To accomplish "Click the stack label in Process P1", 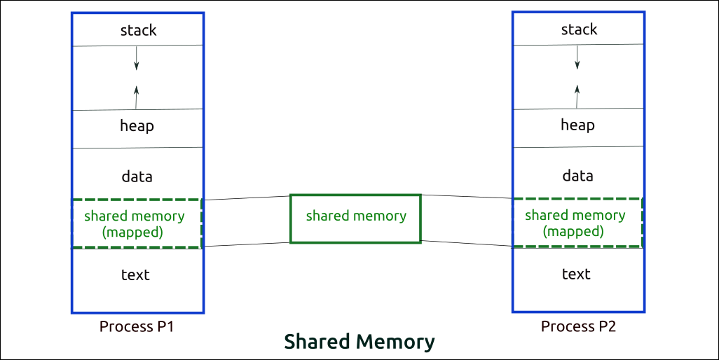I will click(138, 30).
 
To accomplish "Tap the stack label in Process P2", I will click(579, 29).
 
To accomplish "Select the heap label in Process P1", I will click(137, 127).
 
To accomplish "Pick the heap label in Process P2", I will click(577, 125).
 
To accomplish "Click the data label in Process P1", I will click(137, 177).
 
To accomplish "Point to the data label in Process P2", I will click(577, 176).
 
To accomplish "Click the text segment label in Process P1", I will click(135, 275).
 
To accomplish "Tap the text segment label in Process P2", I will click(576, 274).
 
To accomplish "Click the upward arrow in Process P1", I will click(136, 97).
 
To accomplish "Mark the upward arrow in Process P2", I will click(577, 96).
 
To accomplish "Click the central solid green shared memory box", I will click(356, 219).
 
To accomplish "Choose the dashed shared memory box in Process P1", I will click(137, 224).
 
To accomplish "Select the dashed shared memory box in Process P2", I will click(577, 223).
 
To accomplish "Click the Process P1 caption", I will click(136, 326).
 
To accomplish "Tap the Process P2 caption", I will click(578, 326).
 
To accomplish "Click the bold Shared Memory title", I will click(359, 342).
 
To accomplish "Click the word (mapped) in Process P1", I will click(132, 233).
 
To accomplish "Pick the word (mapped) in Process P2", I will click(573, 232).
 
